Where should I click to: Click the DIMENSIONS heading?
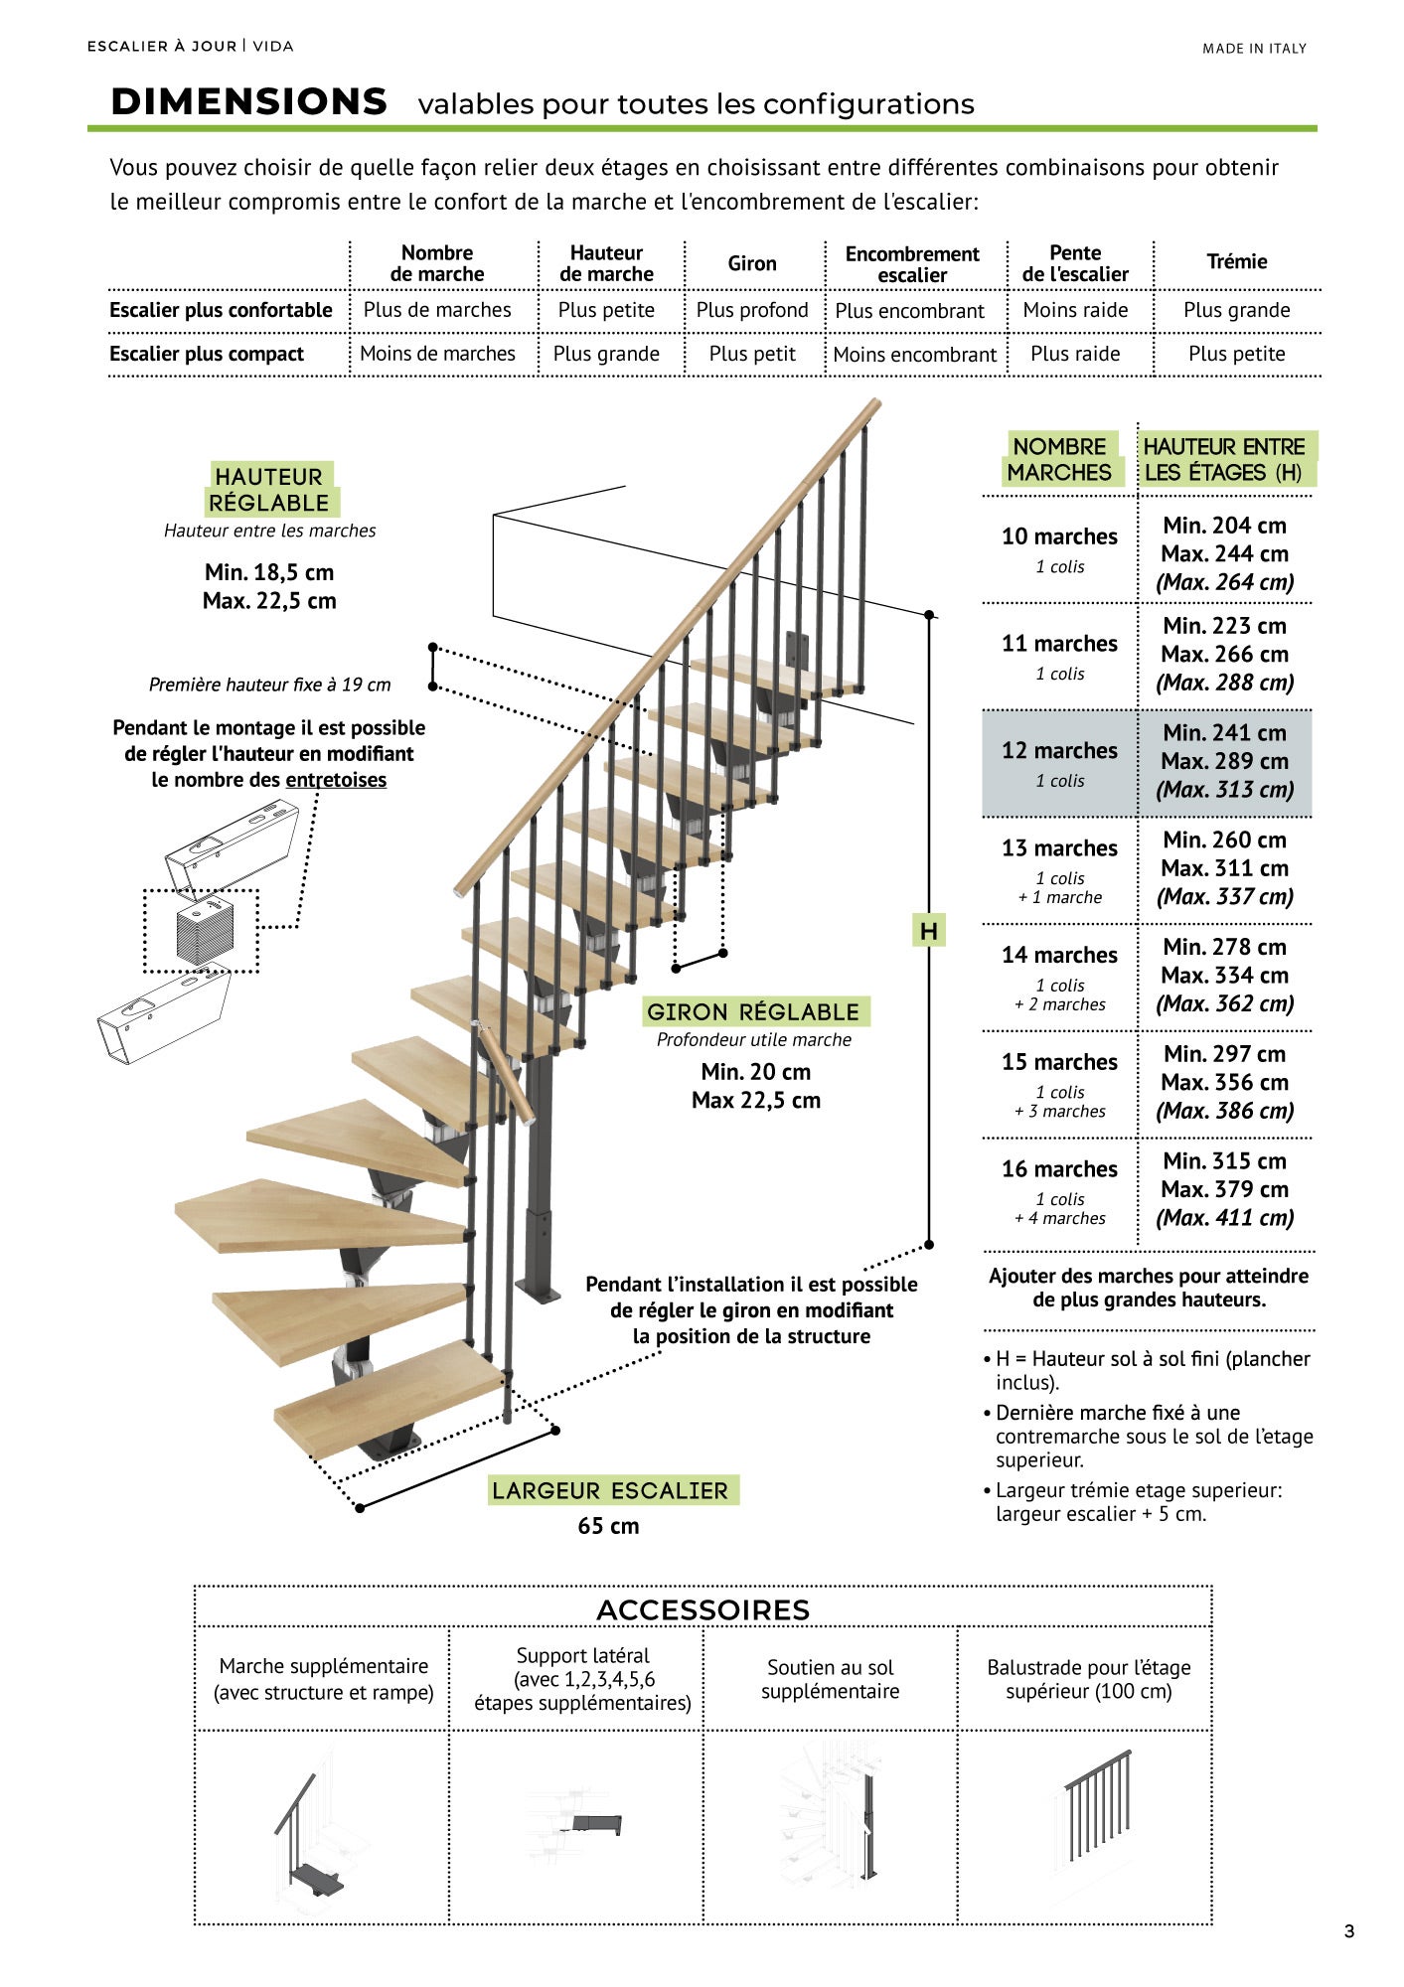[x=248, y=102]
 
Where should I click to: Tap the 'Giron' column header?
[x=752, y=263]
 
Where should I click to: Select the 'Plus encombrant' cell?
[x=909, y=311]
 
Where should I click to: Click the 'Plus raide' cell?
[x=1075, y=354]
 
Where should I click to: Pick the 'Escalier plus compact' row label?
[x=207, y=354]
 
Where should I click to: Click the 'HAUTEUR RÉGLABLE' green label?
[x=269, y=490]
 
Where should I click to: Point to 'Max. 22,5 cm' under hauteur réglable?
[x=269, y=601]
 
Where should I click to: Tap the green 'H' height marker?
[x=928, y=931]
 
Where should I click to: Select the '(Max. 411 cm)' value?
[x=1224, y=1218]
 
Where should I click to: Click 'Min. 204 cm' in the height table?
[x=1224, y=526]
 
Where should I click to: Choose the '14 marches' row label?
[x=1059, y=956]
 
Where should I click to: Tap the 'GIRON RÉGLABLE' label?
[x=753, y=1012]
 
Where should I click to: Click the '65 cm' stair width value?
[x=608, y=1526]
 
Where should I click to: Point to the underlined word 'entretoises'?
[x=336, y=780]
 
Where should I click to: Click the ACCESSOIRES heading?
[x=702, y=1610]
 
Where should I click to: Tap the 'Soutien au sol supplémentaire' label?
[x=830, y=1679]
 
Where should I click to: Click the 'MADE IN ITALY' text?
[x=1254, y=48]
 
